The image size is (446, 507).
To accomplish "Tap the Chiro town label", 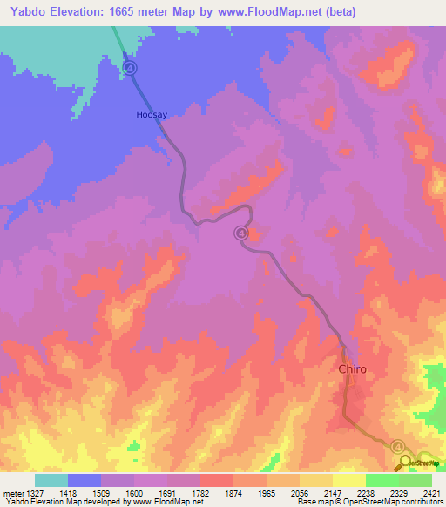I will click(352, 369).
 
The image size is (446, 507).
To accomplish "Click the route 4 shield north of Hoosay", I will click(130, 68).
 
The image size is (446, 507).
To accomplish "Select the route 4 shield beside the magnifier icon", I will click(398, 446).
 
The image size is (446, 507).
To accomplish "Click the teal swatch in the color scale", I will click(51, 480).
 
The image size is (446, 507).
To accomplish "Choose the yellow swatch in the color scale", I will click(348, 480).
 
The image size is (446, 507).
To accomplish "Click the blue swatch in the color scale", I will click(84, 480).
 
